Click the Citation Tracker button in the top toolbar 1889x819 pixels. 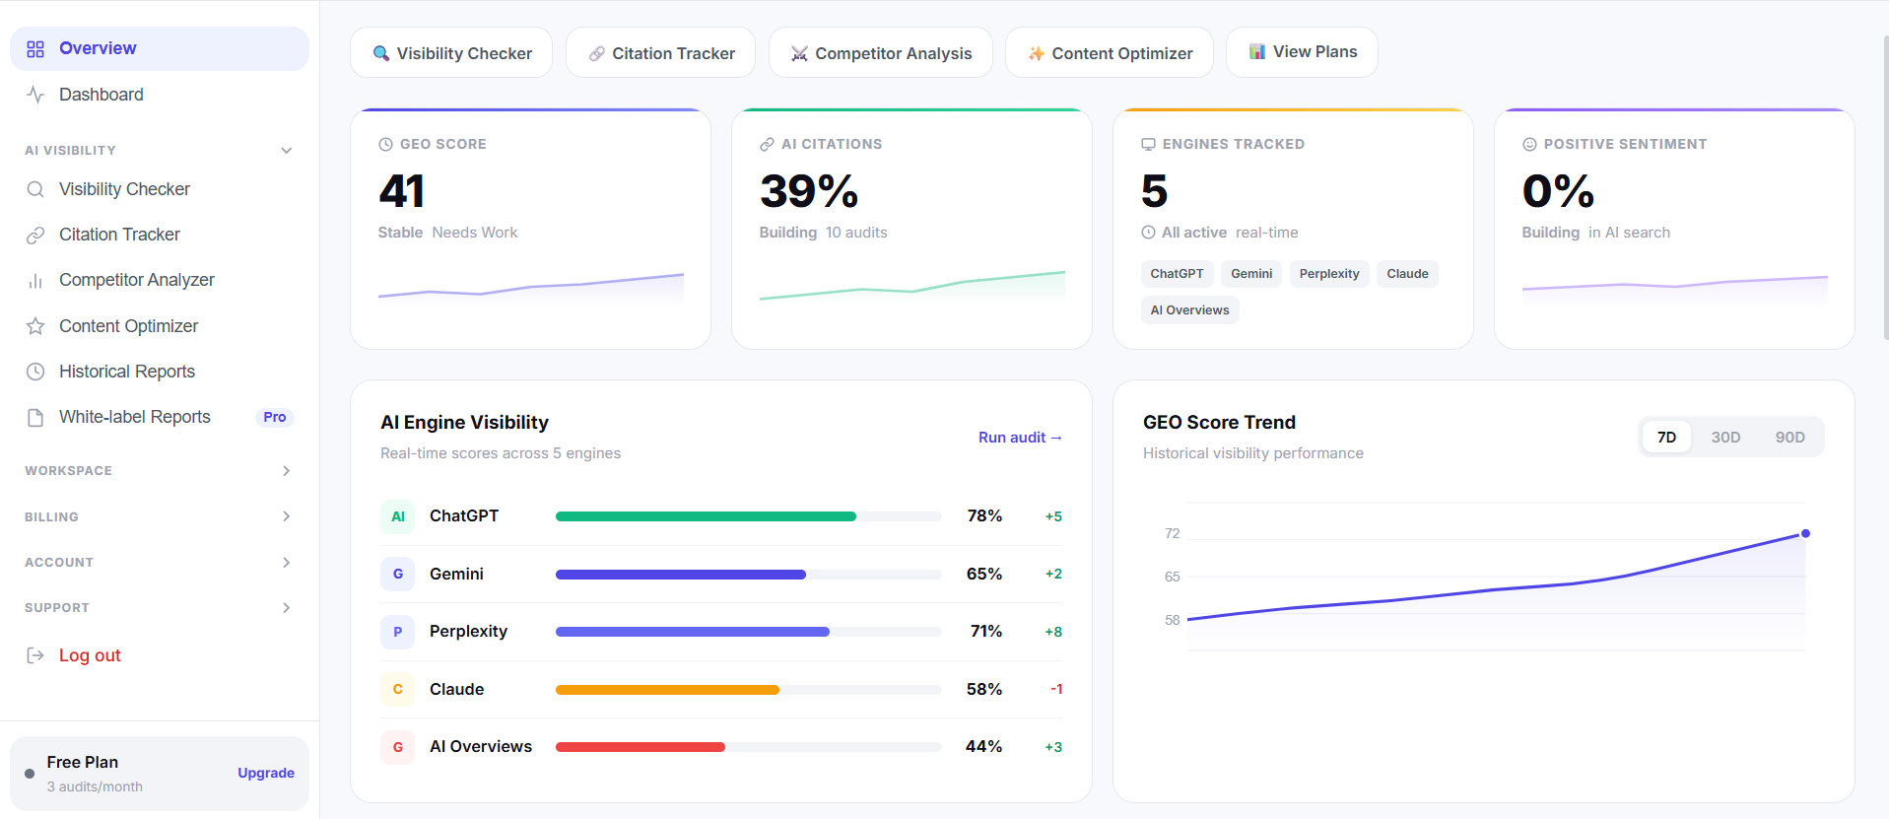click(x=660, y=52)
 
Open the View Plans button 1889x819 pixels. click(x=1302, y=52)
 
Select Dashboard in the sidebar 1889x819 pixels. click(x=101, y=95)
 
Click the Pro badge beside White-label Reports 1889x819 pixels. click(x=275, y=417)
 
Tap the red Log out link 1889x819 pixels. click(x=90, y=655)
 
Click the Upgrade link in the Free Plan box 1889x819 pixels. click(x=266, y=773)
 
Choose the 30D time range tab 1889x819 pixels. click(x=1725, y=437)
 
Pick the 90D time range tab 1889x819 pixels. click(x=1789, y=437)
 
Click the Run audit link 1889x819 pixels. click(x=1020, y=437)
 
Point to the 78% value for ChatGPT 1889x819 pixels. click(x=984, y=515)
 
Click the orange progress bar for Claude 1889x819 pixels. click(x=667, y=690)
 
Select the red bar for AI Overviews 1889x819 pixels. click(x=641, y=747)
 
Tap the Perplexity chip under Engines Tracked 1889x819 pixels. click(x=1328, y=274)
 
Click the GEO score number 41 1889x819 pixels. click(x=402, y=191)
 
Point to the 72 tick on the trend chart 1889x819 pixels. click(x=1172, y=533)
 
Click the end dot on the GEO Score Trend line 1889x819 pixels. click(x=1805, y=533)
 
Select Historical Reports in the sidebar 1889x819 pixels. click(x=127, y=372)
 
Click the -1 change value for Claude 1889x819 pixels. click(x=1055, y=689)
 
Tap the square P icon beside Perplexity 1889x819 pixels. click(x=398, y=632)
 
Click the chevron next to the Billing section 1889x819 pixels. click(x=286, y=516)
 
